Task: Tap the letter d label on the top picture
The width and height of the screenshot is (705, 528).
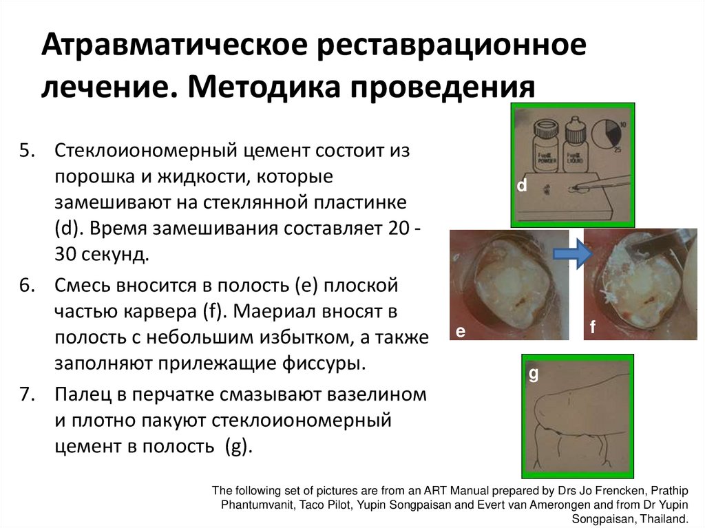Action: pyautogui.click(x=522, y=186)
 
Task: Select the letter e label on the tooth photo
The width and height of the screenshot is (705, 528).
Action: pyautogui.click(x=460, y=331)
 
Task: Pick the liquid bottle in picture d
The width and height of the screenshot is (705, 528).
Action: pyautogui.click(x=575, y=142)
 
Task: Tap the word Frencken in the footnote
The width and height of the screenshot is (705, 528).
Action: pyautogui.click(x=582, y=491)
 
